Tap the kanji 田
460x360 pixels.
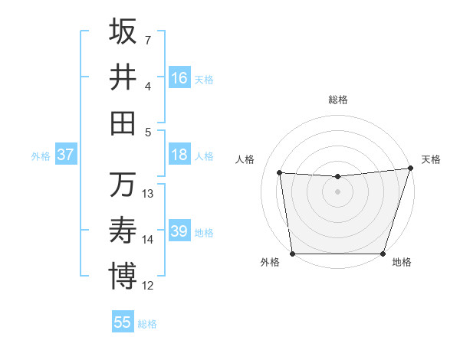click(123, 123)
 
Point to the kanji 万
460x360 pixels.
click(123, 185)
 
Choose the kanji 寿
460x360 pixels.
click(123, 230)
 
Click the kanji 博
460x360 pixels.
click(123, 276)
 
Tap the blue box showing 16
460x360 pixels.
click(179, 78)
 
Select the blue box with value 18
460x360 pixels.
click(179, 155)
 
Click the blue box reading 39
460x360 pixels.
click(179, 232)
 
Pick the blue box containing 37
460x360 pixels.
click(65, 155)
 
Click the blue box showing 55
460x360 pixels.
click(123, 322)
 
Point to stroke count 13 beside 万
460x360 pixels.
click(148, 194)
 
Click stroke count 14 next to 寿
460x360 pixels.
click(148, 240)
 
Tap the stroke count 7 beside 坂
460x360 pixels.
click(148, 39)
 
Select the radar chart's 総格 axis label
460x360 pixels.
click(337, 100)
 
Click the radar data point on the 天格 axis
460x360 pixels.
click(410, 169)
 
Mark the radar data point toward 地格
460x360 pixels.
click(383, 254)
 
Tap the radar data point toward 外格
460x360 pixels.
click(292, 254)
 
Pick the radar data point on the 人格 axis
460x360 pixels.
click(280, 173)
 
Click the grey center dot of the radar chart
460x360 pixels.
click(337, 191)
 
